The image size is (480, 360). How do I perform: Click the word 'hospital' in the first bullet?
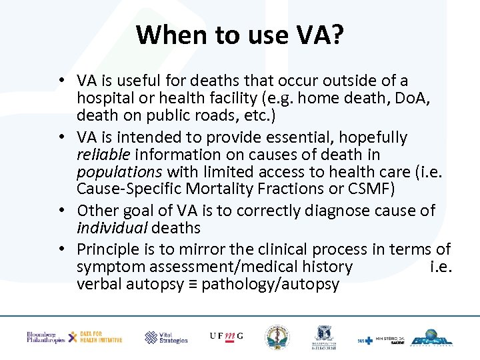[102, 98]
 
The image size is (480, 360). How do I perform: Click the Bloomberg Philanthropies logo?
[45, 337]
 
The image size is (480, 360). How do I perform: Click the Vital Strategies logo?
[167, 337]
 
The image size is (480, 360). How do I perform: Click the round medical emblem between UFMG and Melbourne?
[277, 337]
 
